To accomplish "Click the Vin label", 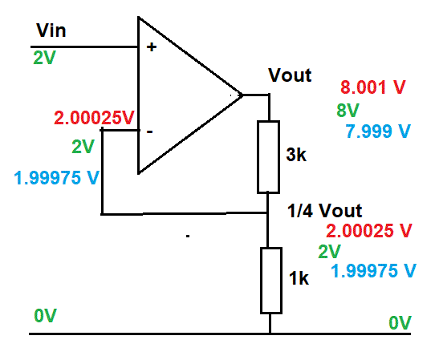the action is tap(51, 30).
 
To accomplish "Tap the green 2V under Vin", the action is tap(44, 58).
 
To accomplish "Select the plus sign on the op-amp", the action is tap(152, 47).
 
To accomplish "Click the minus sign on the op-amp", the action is tap(150, 131).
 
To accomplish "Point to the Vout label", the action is tap(290, 75).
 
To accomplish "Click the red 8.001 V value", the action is tap(373, 87).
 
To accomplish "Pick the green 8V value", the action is tap(348, 110).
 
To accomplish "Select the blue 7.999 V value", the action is tap(378, 131).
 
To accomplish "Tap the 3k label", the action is tap(296, 154).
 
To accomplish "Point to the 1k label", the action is tap(299, 278).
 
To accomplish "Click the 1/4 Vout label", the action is tap(325, 211).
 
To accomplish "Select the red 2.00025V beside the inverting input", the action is tap(94, 118).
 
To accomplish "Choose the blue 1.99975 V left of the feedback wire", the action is tap(57, 178).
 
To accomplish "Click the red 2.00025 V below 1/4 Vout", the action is tap(368, 231).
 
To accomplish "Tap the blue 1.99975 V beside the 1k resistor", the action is tap(373, 271).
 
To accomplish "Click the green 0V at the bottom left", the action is tap(46, 316).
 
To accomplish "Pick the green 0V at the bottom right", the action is tap(400, 322).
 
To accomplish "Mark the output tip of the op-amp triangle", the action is tap(242, 95).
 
